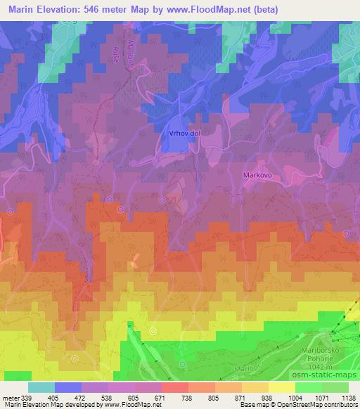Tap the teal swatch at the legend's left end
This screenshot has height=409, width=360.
pos(41,387)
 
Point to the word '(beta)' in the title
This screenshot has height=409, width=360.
pos(265,10)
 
